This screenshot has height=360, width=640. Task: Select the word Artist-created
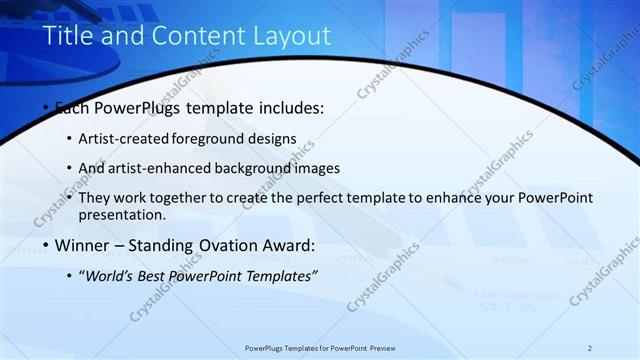[x=129, y=138]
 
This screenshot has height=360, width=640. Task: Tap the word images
[x=311, y=168]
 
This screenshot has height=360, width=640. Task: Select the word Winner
[x=83, y=245]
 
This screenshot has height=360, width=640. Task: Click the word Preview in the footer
[x=379, y=348]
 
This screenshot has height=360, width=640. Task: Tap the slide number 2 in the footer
[x=589, y=348]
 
